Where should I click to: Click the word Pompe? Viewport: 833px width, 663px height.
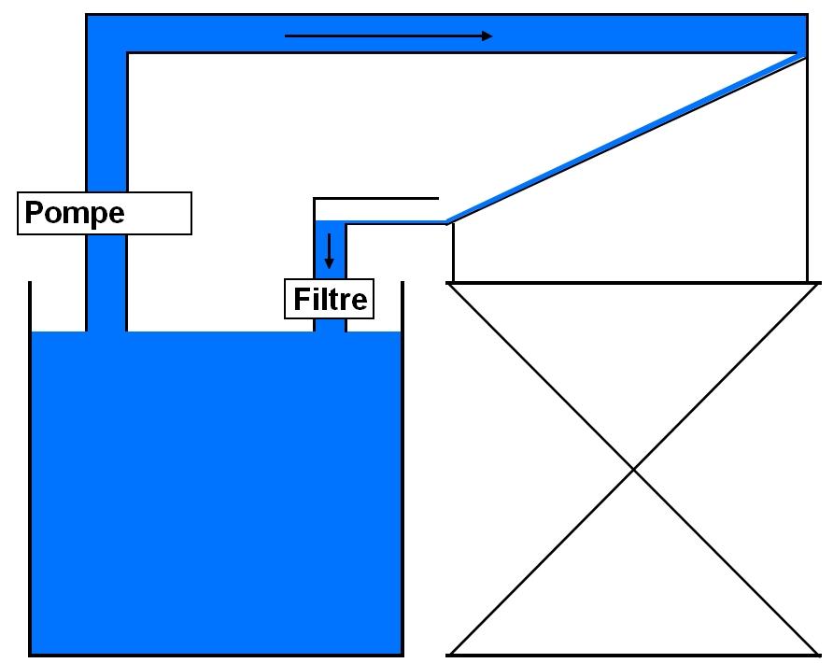click(75, 213)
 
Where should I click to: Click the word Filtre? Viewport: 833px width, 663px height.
click(331, 300)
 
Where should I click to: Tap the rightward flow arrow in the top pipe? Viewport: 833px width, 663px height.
click(388, 36)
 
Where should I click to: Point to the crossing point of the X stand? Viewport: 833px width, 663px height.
click(634, 469)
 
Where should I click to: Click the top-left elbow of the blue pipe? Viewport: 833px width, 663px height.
click(106, 35)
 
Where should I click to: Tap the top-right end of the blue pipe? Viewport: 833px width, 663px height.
click(794, 35)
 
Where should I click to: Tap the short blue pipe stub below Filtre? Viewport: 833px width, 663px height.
click(330, 324)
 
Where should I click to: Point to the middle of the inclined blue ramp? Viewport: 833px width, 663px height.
click(626, 138)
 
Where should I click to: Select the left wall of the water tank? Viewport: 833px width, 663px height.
click(30, 467)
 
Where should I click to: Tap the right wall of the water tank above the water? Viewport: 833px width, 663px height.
click(402, 306)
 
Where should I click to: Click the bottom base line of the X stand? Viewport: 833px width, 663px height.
click(634, 654)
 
